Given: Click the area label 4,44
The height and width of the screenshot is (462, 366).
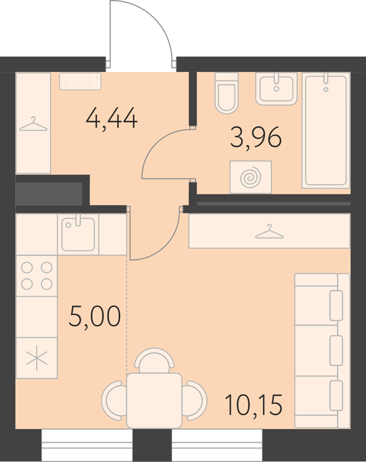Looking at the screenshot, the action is (x=112, y=119).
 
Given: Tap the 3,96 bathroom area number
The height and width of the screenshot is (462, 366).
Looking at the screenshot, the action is (x=256, y=137).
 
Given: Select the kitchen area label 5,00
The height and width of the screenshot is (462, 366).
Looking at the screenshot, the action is (x=94, y=317).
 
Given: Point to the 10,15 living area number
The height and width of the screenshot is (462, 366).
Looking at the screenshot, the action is (x=254, y=405).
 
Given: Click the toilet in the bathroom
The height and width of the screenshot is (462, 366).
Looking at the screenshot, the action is (x=227, y=93).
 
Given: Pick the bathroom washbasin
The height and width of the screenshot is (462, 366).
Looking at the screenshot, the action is (x=276, y=88).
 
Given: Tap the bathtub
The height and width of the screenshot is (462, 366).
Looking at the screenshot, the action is (x=326, y=130).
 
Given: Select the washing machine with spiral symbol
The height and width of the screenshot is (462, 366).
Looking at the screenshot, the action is (x=250, y=177).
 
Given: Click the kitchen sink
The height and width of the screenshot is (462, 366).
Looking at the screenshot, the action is (x=78, y=234).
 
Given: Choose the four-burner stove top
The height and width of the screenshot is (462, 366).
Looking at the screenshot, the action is (x=36, y=276).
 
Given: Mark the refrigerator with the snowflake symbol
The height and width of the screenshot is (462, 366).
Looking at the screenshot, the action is (x=36, y=358).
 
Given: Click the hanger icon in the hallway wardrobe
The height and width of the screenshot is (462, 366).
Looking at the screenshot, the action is (x=33, y=124).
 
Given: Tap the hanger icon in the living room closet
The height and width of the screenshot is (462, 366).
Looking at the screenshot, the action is (x=270, y=231).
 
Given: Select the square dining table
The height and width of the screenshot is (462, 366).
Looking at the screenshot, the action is (x=154, y=401).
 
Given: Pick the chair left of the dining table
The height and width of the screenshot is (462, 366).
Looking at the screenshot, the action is (x=114, y=401).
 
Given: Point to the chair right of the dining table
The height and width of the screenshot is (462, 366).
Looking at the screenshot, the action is (x=194, y=401).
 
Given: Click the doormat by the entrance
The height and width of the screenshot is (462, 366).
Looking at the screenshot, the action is (x=80, y=81).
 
